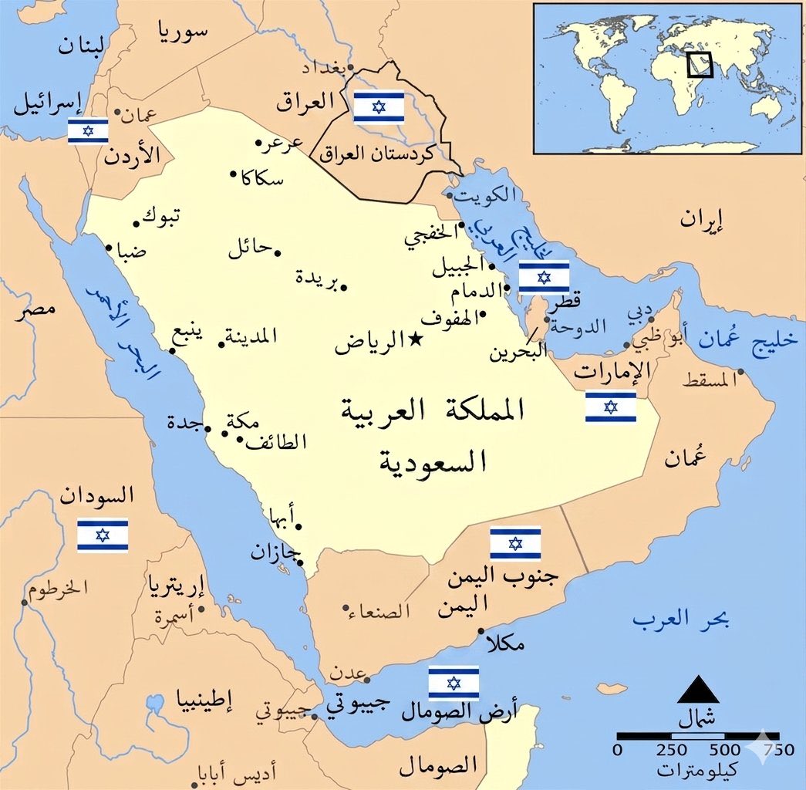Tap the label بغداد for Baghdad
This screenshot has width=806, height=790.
pos(321,68)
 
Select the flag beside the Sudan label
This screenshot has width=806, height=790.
pos(103,535)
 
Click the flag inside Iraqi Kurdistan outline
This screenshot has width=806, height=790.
pos(379,106)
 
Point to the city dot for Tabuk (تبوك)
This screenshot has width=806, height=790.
pos(137,224)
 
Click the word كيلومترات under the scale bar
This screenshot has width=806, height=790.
pos(698,769)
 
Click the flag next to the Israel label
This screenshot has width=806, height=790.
pos(88,131)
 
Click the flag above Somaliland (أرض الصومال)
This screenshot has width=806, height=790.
pos(454,683)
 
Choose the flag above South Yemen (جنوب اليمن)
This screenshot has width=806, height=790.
pos(515,543)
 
